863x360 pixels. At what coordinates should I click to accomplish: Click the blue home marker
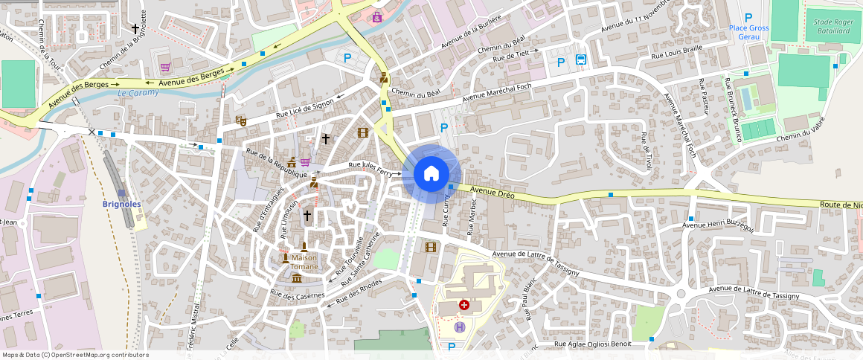tap(431, 174)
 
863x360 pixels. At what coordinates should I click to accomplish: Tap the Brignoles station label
tap(121, 204)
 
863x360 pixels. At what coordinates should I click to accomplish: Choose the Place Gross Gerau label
tap(748, 32)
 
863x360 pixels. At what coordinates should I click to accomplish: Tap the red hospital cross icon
tap(464, 305)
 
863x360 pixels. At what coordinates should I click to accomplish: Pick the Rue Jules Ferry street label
tap(370, 168)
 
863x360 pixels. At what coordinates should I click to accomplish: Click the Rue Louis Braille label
tap(676, 51)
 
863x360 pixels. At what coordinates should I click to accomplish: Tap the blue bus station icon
tap(580, 60)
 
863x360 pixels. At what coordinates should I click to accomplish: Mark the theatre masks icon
tap(241, 120)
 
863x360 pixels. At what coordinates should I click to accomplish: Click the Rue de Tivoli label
tap(646, 151)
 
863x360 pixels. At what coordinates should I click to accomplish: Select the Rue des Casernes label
tap(298, 295)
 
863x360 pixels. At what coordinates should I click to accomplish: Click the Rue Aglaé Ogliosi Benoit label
tap(592, 344)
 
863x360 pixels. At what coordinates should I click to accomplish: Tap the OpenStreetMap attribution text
tap(75, 355)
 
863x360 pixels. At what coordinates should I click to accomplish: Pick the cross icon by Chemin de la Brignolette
tap(135, 29)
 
